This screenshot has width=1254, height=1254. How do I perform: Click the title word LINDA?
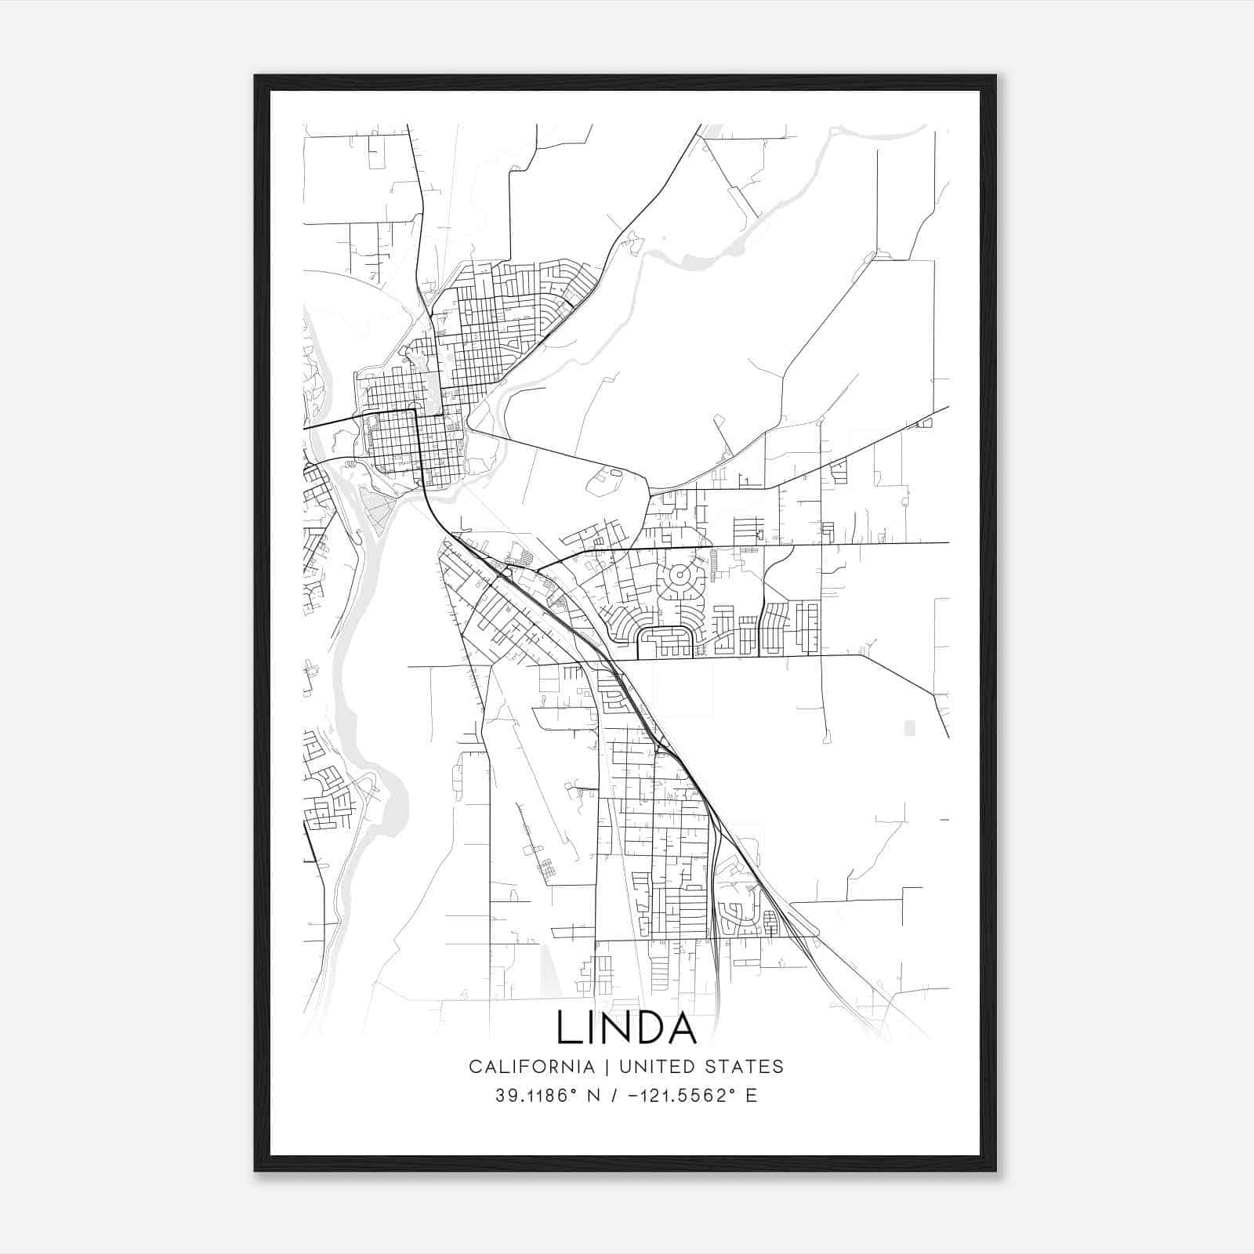(626, 1027)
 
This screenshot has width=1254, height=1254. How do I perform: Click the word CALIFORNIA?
(531, 1067)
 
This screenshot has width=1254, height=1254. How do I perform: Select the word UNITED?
(656, 1067)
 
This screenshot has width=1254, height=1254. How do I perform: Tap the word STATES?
(744, 1067)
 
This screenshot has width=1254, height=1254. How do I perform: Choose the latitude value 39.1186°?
(533, 1096)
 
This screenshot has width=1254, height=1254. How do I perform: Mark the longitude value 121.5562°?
(687, 1096)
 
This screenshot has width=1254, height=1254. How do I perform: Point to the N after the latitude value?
(593, 1096)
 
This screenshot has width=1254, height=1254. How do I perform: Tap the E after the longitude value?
(752, 1096)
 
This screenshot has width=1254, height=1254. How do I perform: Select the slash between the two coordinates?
(616, 1096)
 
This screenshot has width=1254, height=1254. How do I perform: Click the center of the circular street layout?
(679, 575)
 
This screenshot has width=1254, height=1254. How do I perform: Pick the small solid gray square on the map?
(909, 728)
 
